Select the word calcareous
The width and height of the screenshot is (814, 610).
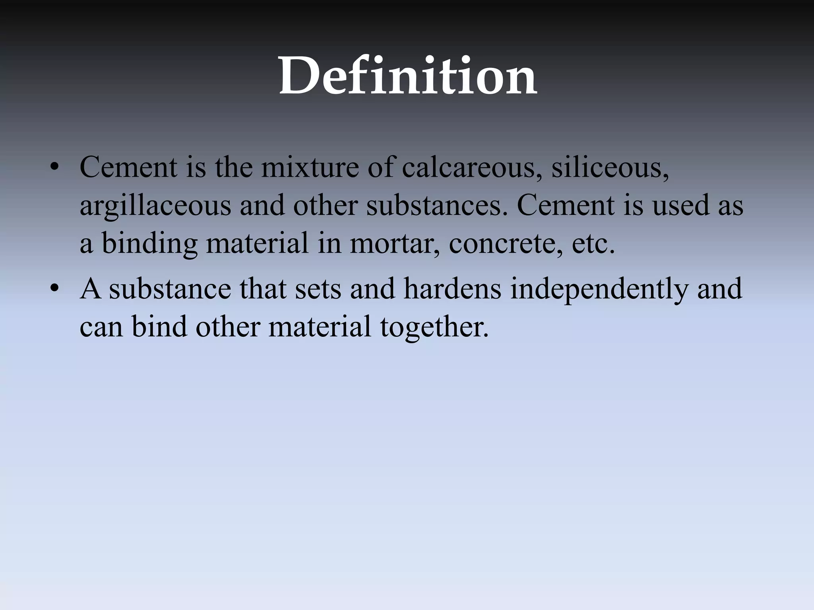pyautogui.click(x=472, y=167)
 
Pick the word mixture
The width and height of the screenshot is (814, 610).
pyautogui.click(x=310, y=167)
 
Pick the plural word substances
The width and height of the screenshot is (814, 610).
pyautogui.click(x=437, y=206)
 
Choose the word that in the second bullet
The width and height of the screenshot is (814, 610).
pyautogui.click(x=263, y=289)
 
